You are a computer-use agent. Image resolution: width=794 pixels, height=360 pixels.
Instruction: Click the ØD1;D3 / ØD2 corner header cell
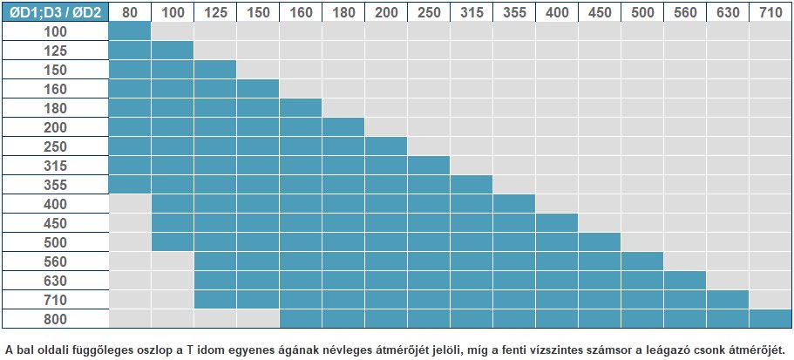point(55,11)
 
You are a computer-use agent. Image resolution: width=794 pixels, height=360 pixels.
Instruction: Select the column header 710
point(770,11)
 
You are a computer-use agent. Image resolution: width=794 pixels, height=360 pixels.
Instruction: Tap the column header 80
point(130,11)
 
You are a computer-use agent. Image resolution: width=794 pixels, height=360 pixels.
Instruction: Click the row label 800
point(55,318)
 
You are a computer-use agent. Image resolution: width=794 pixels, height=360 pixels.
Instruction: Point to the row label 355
point(55,184)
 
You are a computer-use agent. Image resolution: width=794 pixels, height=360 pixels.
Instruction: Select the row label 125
point(55,50)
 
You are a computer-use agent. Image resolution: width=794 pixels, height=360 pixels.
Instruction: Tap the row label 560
point(55,261)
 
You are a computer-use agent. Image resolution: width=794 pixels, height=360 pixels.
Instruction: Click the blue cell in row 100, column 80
point(130,31)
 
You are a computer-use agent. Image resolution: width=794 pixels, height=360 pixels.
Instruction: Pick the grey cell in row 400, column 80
point(130,203)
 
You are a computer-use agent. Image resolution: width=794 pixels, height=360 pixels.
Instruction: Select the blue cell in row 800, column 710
point(770,318)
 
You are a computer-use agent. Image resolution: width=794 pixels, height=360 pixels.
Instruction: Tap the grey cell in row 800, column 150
point(258,318)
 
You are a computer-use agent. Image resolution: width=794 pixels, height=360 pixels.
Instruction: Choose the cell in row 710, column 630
point(728,299)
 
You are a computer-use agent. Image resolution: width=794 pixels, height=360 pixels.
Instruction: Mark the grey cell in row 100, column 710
point(770,31)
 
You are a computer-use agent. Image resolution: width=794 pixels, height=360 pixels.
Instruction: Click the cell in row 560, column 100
point(173,261)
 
